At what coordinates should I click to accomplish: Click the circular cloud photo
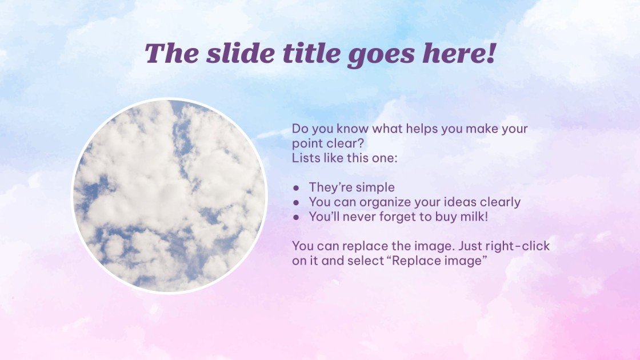(170, 196)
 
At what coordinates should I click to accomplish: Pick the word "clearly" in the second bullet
(499, 202)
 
